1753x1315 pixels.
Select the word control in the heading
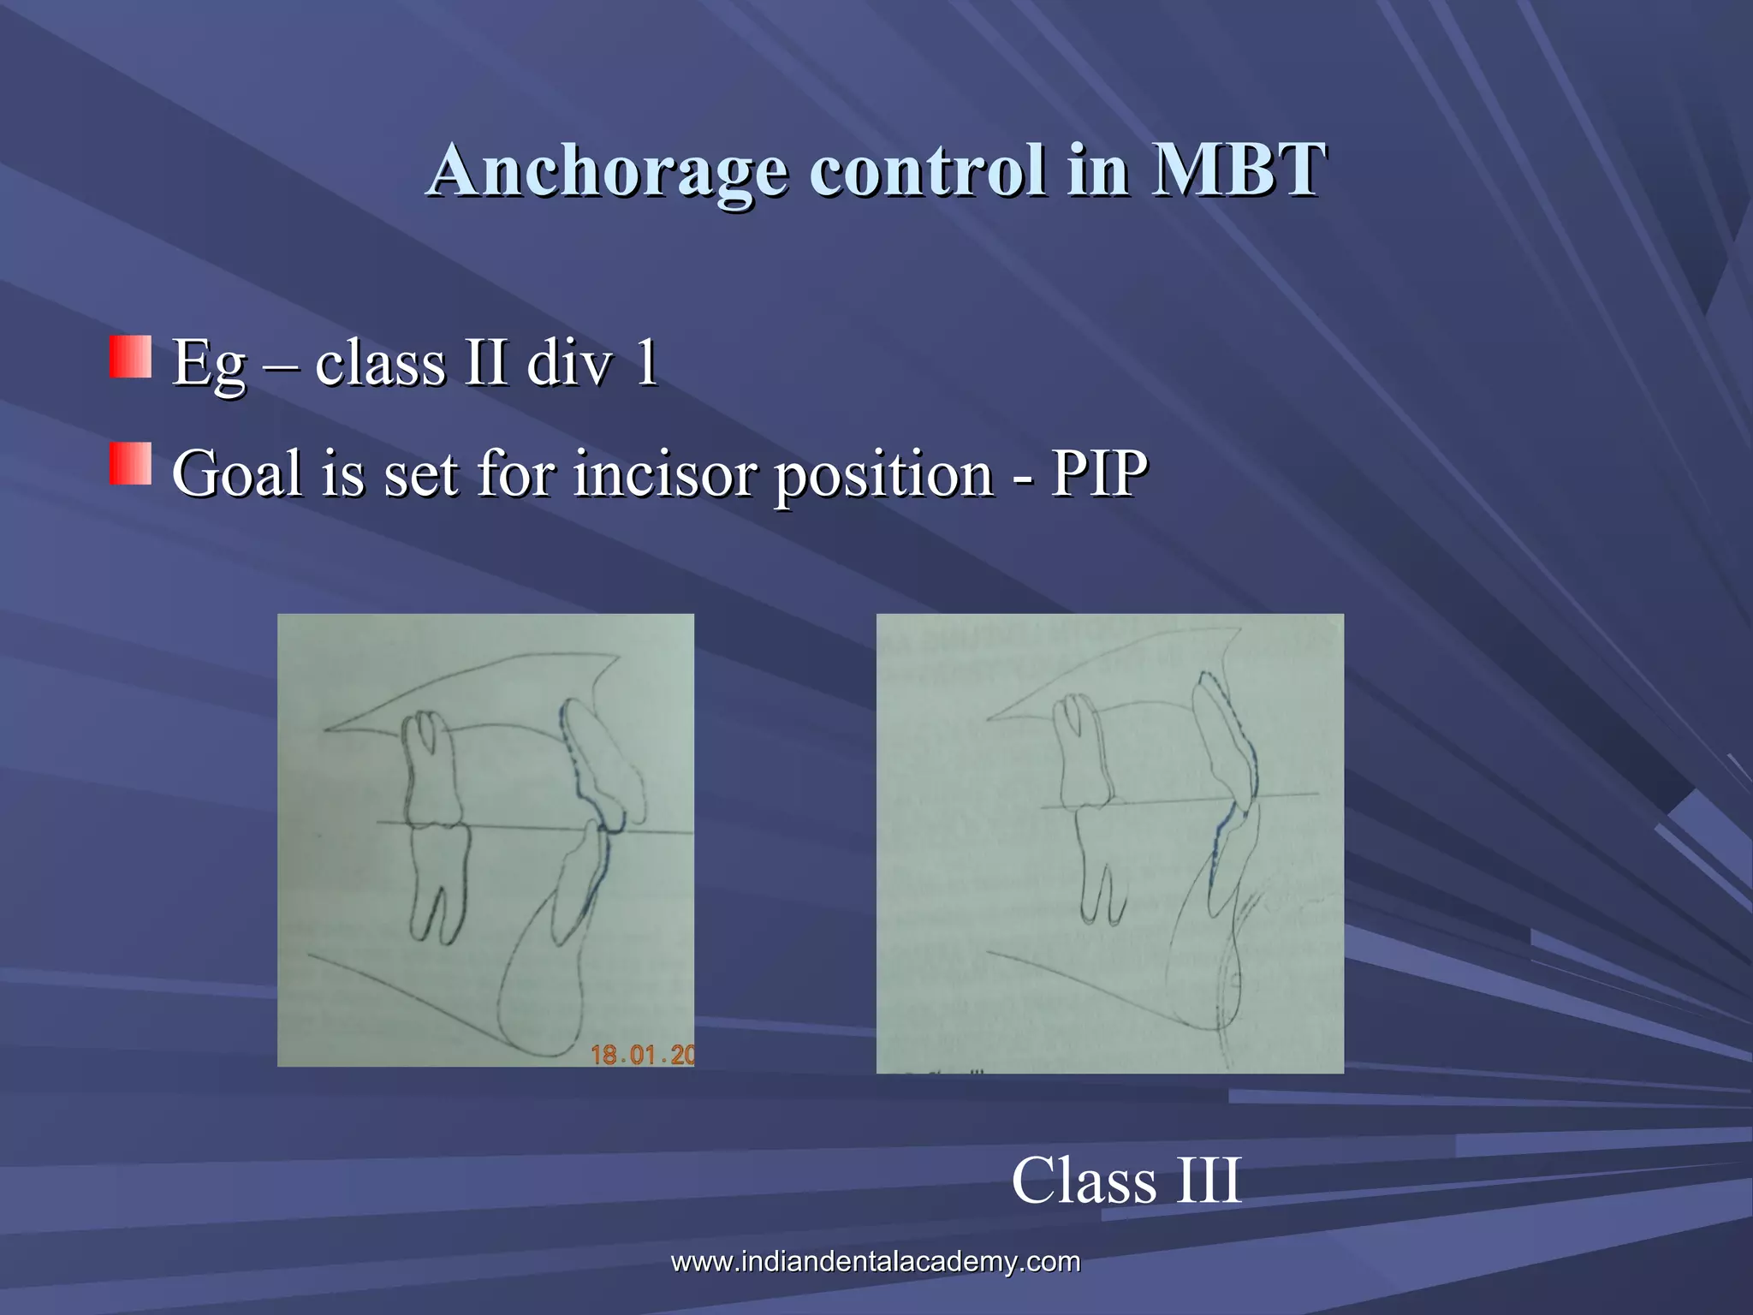[x=928, y=170]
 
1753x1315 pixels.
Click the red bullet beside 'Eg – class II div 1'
[x=130, y=357]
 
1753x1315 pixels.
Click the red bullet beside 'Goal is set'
[x=130, y=464]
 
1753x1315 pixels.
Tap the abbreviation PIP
[x=1099, y=473]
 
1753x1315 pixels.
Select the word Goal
[x=236, y=473]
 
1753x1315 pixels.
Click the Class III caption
[x=1126, y=1181]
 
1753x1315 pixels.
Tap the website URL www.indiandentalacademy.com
[x=875, y=1261]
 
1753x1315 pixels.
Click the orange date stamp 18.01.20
[x=642, y=1054]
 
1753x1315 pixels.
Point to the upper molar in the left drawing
[x=430, y=771]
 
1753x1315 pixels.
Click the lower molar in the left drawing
[x=439, y=878]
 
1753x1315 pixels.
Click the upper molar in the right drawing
[x=1083, y=753]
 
